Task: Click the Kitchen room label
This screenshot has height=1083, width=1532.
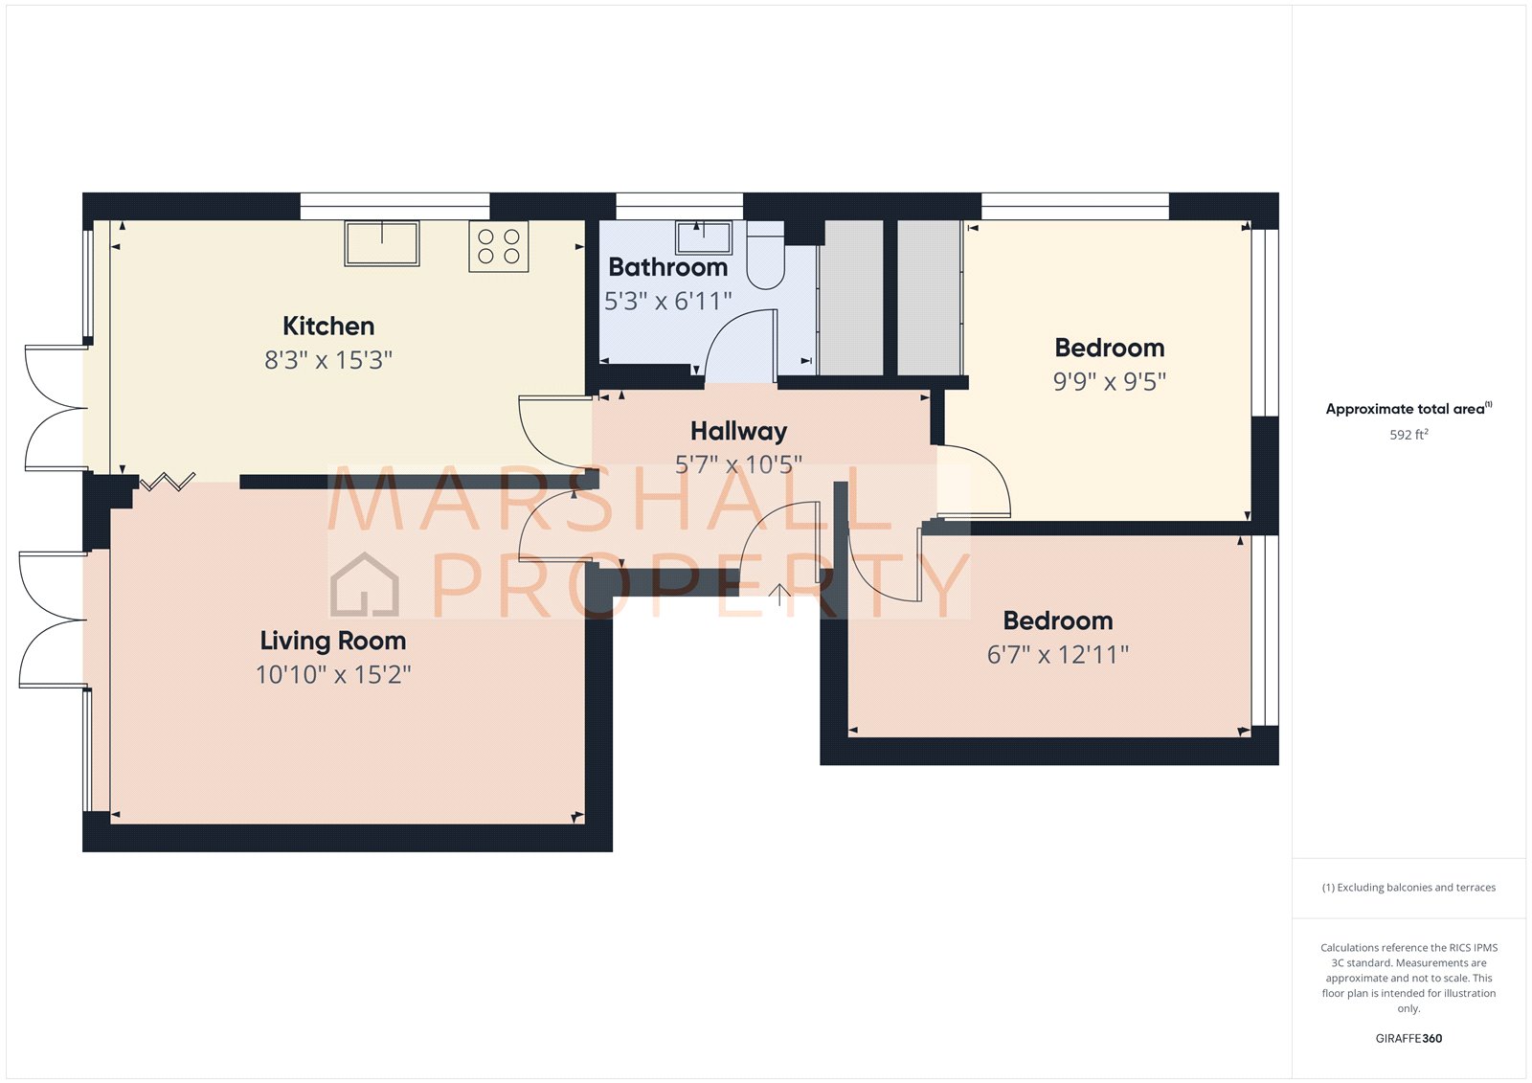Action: coord(328,327)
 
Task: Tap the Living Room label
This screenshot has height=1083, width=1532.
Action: coord(333,641)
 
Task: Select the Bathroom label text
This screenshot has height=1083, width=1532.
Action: coord(668,267)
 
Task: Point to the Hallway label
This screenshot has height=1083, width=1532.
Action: coord(738,432)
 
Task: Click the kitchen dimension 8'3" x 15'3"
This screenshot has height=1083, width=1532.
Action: coord(328,360)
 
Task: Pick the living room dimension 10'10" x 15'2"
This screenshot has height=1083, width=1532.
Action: coord(333,675)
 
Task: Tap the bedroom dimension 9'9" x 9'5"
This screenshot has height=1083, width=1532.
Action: coord(1110,382)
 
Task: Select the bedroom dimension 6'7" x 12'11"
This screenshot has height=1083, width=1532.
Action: coord(1058,655)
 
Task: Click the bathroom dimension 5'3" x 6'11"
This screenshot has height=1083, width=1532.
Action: coord(668,302)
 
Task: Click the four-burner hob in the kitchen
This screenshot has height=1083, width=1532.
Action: coord(499,246)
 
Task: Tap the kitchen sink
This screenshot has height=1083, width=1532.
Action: coord(382,243)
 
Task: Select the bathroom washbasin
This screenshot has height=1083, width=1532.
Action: coord(704,237)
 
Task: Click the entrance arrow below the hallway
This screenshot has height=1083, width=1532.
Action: coord(779,595)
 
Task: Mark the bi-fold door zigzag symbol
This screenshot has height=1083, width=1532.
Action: coord(168,481)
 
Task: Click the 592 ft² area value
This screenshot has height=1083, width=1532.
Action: coord(1408,435)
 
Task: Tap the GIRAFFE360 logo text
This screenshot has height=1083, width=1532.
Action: coord(1408,1038)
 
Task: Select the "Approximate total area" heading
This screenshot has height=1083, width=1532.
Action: coord(1405,409)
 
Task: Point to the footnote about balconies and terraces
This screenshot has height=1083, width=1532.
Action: coord(1408,888)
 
